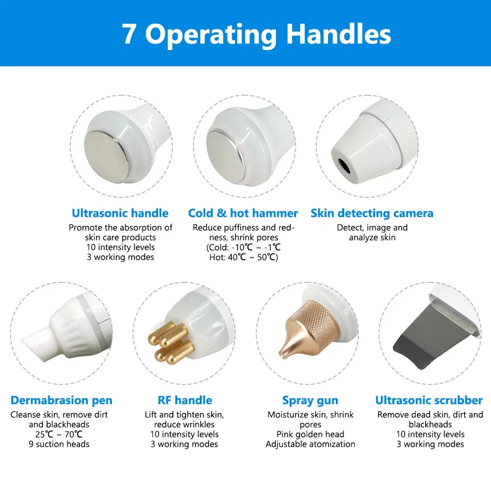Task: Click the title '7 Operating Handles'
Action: (x=256, y=35)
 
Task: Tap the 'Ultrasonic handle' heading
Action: (x=120, y=213)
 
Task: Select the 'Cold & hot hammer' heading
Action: (x=243, y=213)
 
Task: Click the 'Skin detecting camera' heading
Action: (x=372, y=213)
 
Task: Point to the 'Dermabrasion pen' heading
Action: (x=61, y=400)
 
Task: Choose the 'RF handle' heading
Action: (x=185, y=400)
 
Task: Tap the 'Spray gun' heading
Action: (x=310, y=401)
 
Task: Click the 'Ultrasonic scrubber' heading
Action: (x=429, y=400)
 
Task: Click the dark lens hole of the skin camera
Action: (x=344, y=166)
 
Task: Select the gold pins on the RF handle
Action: (x=171, y=343)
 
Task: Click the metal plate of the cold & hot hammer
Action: (x=225, y=157)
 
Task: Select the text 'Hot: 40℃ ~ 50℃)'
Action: (x=244, y=257)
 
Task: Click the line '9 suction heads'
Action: (x=59, y=444)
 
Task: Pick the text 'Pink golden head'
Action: (x=310, y=435)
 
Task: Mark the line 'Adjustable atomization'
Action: (x=310, y=444)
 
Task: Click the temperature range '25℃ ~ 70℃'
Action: (x=59, y=435)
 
